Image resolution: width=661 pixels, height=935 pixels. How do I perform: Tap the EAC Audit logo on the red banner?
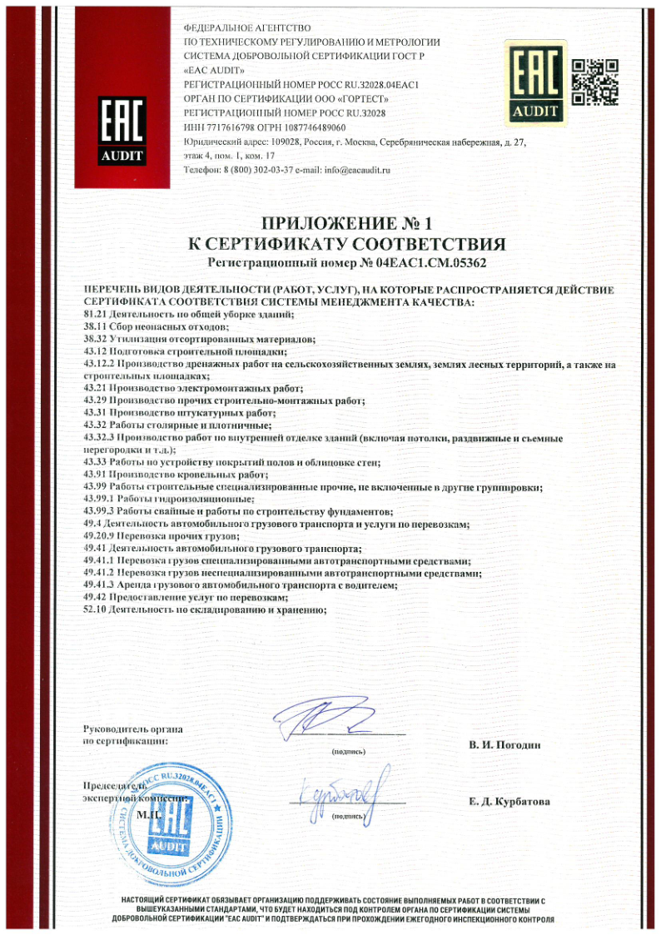click(122, 130)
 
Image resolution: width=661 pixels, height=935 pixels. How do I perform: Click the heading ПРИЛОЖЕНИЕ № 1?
click(348, 223)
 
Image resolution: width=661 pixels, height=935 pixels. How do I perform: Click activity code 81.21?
click(98, 313)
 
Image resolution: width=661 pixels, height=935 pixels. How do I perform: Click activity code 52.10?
click(98, 609)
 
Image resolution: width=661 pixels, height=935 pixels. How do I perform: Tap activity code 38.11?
click(98, 327)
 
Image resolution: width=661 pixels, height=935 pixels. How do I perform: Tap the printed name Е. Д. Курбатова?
click(509, 802)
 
